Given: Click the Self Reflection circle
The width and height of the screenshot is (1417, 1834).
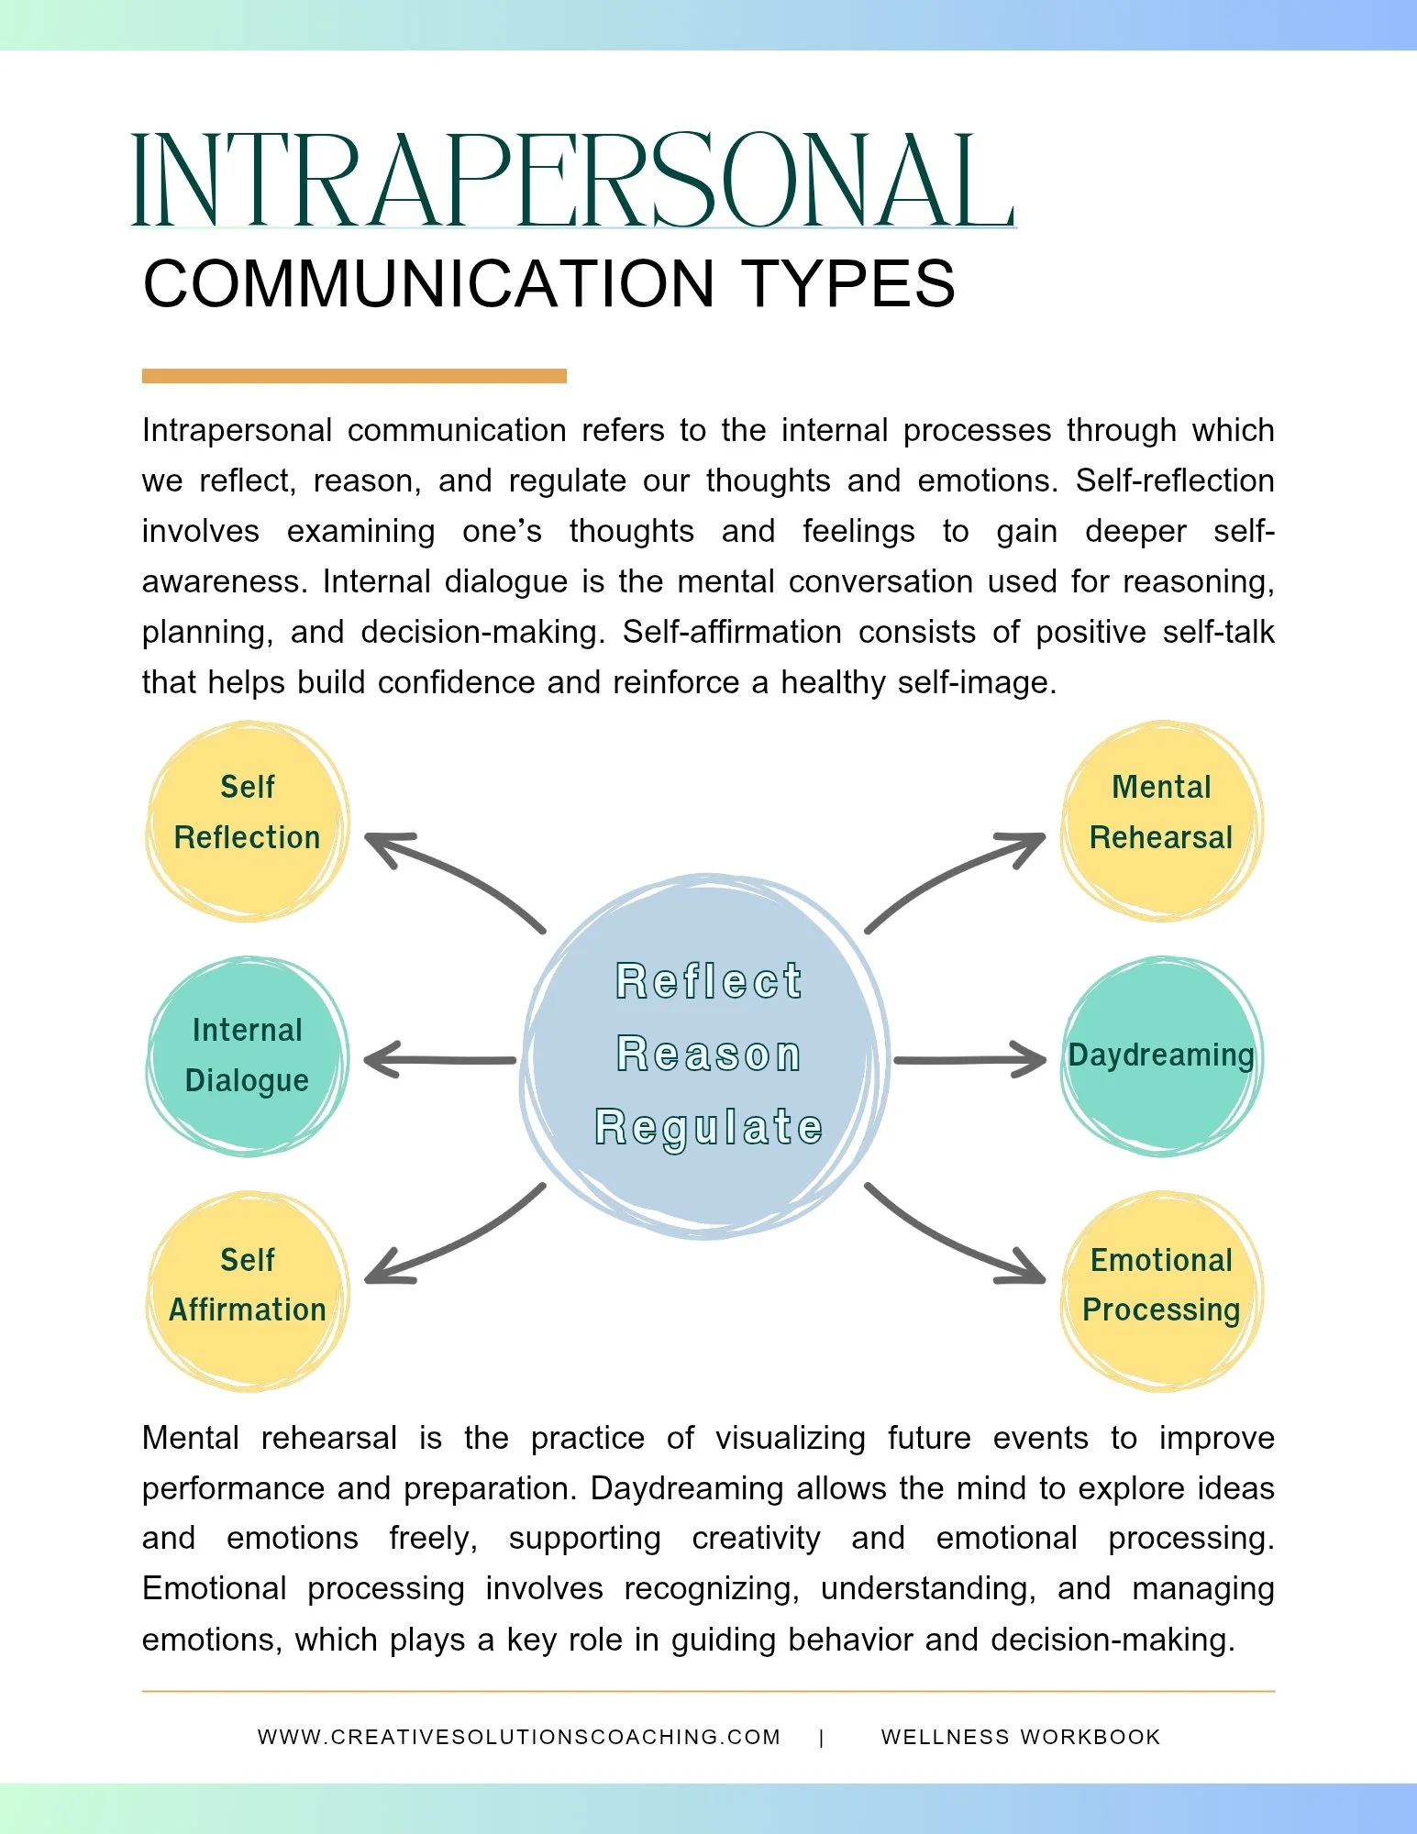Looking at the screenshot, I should (247, 821).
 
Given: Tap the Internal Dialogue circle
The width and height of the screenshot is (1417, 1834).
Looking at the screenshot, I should (247, 1055).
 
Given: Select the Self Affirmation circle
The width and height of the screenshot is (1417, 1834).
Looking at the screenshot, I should (247, 1290).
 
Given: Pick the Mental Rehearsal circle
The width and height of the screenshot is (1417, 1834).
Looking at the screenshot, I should (1161, 821).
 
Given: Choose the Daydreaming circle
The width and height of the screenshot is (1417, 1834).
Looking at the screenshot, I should (1161, 1055).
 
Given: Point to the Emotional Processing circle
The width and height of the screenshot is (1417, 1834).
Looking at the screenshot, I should (1161, 1290).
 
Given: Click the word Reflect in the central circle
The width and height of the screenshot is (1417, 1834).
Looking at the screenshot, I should (709, 981).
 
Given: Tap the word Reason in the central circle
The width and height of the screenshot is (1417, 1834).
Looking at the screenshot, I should (709, 1055).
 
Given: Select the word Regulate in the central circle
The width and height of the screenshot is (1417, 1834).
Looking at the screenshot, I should (709, 1128).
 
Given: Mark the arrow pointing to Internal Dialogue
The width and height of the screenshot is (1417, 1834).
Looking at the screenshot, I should (440, 1060).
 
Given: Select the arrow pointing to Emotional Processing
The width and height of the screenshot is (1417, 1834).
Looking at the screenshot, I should (954, 1243).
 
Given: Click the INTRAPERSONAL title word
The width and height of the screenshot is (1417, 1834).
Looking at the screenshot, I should (572, 180).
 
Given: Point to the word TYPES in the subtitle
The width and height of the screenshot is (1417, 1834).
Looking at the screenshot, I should (848, 283).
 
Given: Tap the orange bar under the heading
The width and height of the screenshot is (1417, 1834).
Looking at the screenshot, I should (354, 376).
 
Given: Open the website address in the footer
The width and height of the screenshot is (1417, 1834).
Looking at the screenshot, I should (519, 1737).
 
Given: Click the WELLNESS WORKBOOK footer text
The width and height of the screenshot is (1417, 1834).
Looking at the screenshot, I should (1021, 1737).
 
